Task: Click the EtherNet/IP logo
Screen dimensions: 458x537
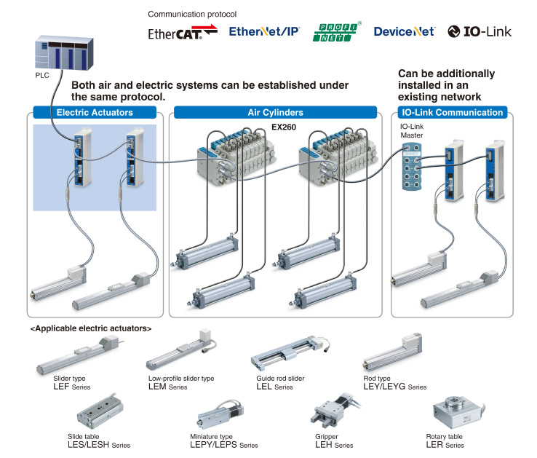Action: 263,31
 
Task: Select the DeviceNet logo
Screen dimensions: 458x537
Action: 404,31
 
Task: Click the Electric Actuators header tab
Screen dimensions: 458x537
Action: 95,113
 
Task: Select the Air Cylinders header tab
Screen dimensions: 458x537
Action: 275,113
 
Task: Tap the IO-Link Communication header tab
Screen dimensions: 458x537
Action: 452,113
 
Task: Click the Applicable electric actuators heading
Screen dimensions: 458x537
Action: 90,328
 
